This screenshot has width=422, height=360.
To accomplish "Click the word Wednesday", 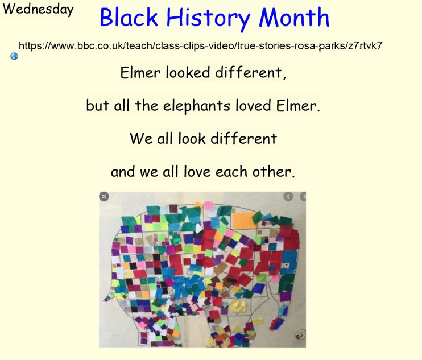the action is coord(38,10).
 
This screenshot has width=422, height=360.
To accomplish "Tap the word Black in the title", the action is coord(129,17).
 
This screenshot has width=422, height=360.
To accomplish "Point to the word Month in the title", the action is coord(294,17).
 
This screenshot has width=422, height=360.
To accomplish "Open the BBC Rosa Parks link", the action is coord(201,45).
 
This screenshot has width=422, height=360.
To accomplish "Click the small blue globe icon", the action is coord(14,56).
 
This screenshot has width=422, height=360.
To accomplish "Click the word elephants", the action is coord(196,106).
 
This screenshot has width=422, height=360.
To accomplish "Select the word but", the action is coord(97,105).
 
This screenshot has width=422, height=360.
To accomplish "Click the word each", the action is coord(231,172).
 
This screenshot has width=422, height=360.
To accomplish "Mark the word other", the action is coord(273,172).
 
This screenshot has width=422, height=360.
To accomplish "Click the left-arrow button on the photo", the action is coord(288,196).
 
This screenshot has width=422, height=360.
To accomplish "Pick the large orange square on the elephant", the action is coord(243,221).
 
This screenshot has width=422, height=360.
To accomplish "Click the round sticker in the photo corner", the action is coord(300,334).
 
